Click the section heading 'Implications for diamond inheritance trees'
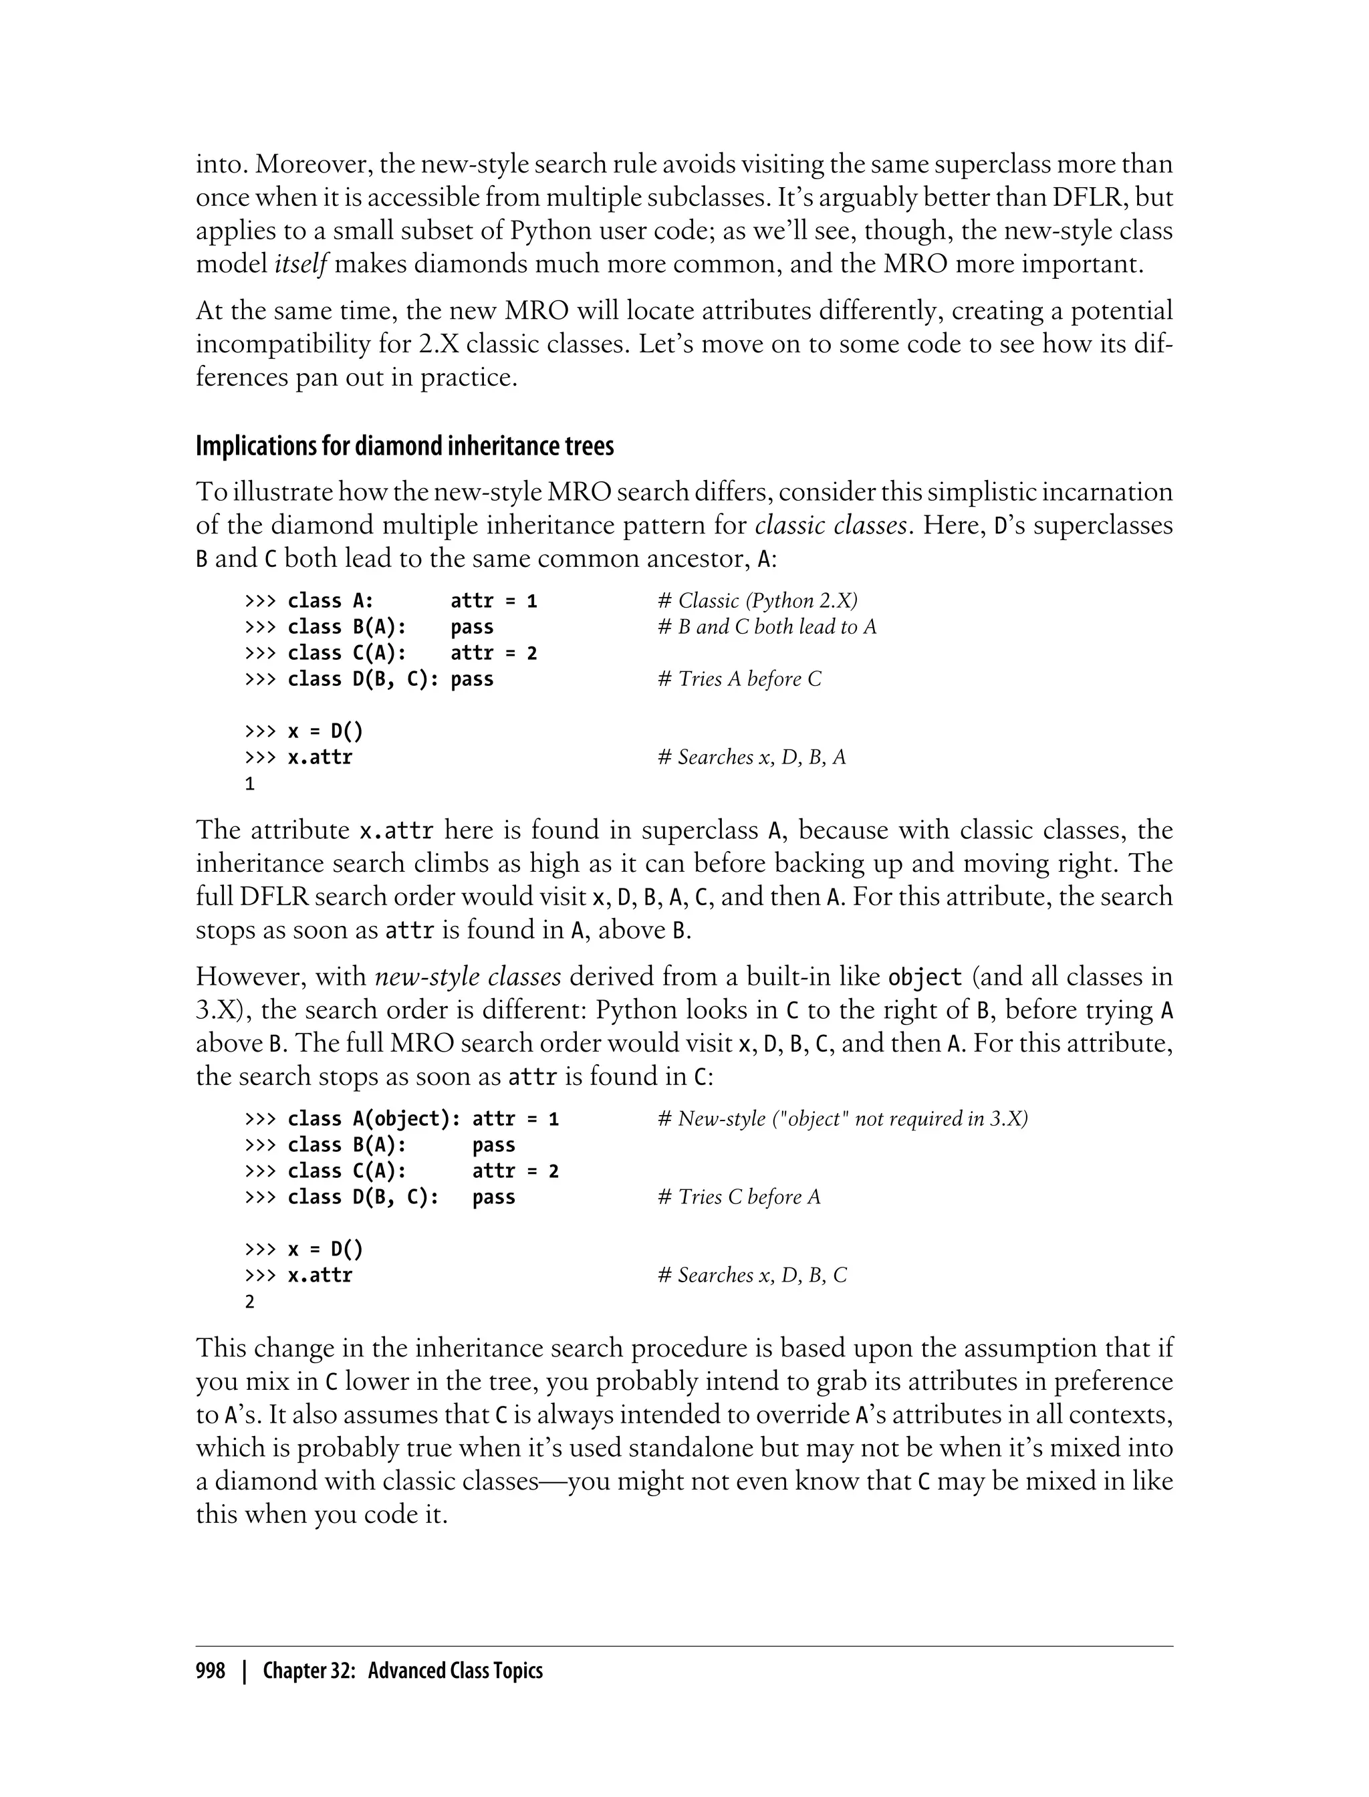click(404, 447)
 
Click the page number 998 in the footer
click(211, 1671)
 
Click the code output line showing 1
click(249, 784)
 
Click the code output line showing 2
click(249, 1302)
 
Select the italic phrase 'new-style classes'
click(468, 976)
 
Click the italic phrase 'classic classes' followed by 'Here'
click(830, 525)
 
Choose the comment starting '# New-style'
click(842, 1119)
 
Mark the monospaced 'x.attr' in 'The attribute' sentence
click(396, 831)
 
